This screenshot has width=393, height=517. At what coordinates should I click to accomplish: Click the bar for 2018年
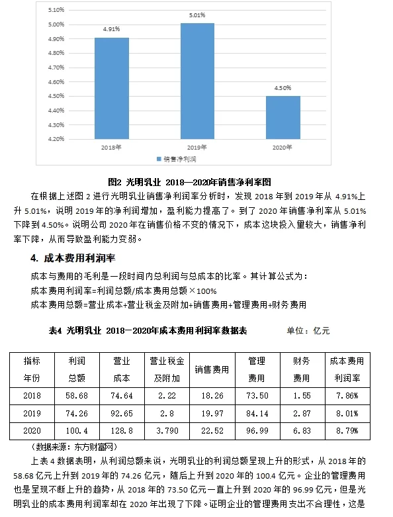pyautogui.click(x=111, y=88)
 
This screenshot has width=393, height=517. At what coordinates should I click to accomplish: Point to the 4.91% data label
pyautogui.click(x=111, y=30)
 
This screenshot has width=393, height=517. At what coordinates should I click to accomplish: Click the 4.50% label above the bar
pyautogui.click(x=283, y=88)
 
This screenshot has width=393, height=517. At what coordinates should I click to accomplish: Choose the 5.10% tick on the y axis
pyautogui.click(x=57, y=10)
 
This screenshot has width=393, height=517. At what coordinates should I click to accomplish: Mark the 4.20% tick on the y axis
pyautogui.click(x=57, y=139)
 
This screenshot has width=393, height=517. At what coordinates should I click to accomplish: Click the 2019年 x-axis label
pyautogui.click(x=197, y=147)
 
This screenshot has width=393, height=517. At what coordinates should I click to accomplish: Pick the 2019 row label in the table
pyautogui.click(x=32, y=412)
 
